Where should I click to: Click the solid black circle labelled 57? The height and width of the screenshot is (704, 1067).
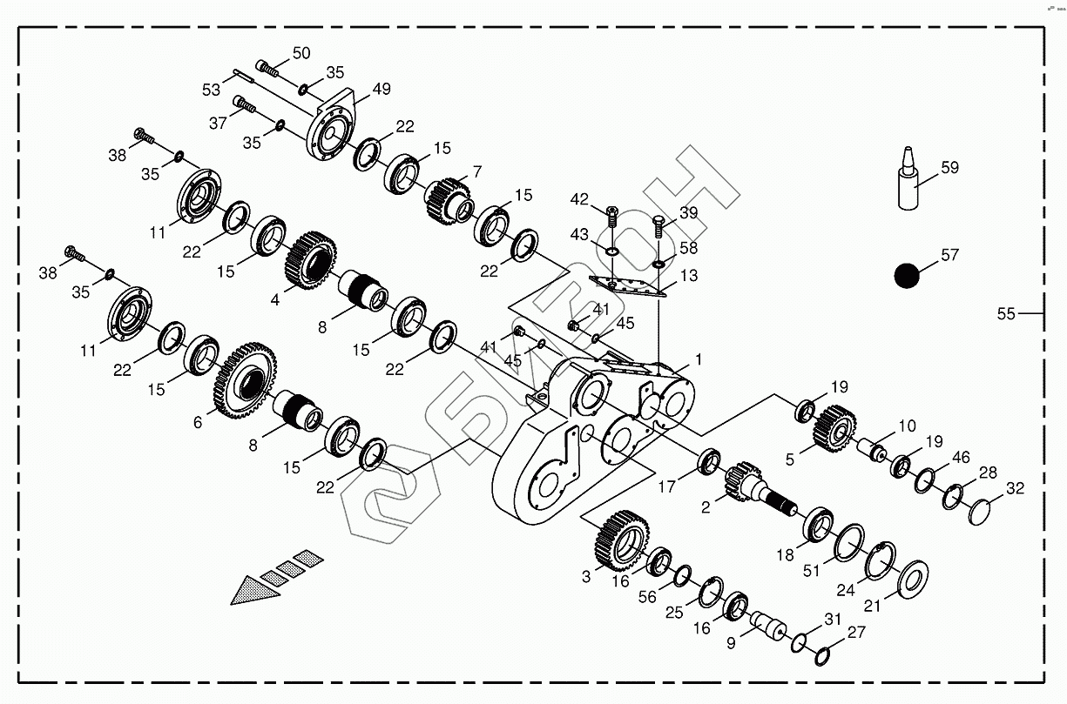(x=908, y=276)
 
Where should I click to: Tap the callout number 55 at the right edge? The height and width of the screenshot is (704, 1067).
(x=1006, y=313)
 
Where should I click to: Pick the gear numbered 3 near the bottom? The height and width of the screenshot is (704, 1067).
(x=618, y=538)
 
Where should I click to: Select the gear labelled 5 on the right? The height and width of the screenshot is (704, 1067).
(x=834, y=427)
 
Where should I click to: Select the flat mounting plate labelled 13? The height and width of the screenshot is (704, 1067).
(x=627, y=285)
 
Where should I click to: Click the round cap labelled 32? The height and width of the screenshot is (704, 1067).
(x=985, y=511)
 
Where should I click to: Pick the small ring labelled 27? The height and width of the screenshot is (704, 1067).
(x=821, y=655)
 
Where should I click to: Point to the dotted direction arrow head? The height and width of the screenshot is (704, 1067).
(x=255, y=590)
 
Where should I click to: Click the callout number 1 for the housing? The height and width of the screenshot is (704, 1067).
(x=698, y=359)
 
